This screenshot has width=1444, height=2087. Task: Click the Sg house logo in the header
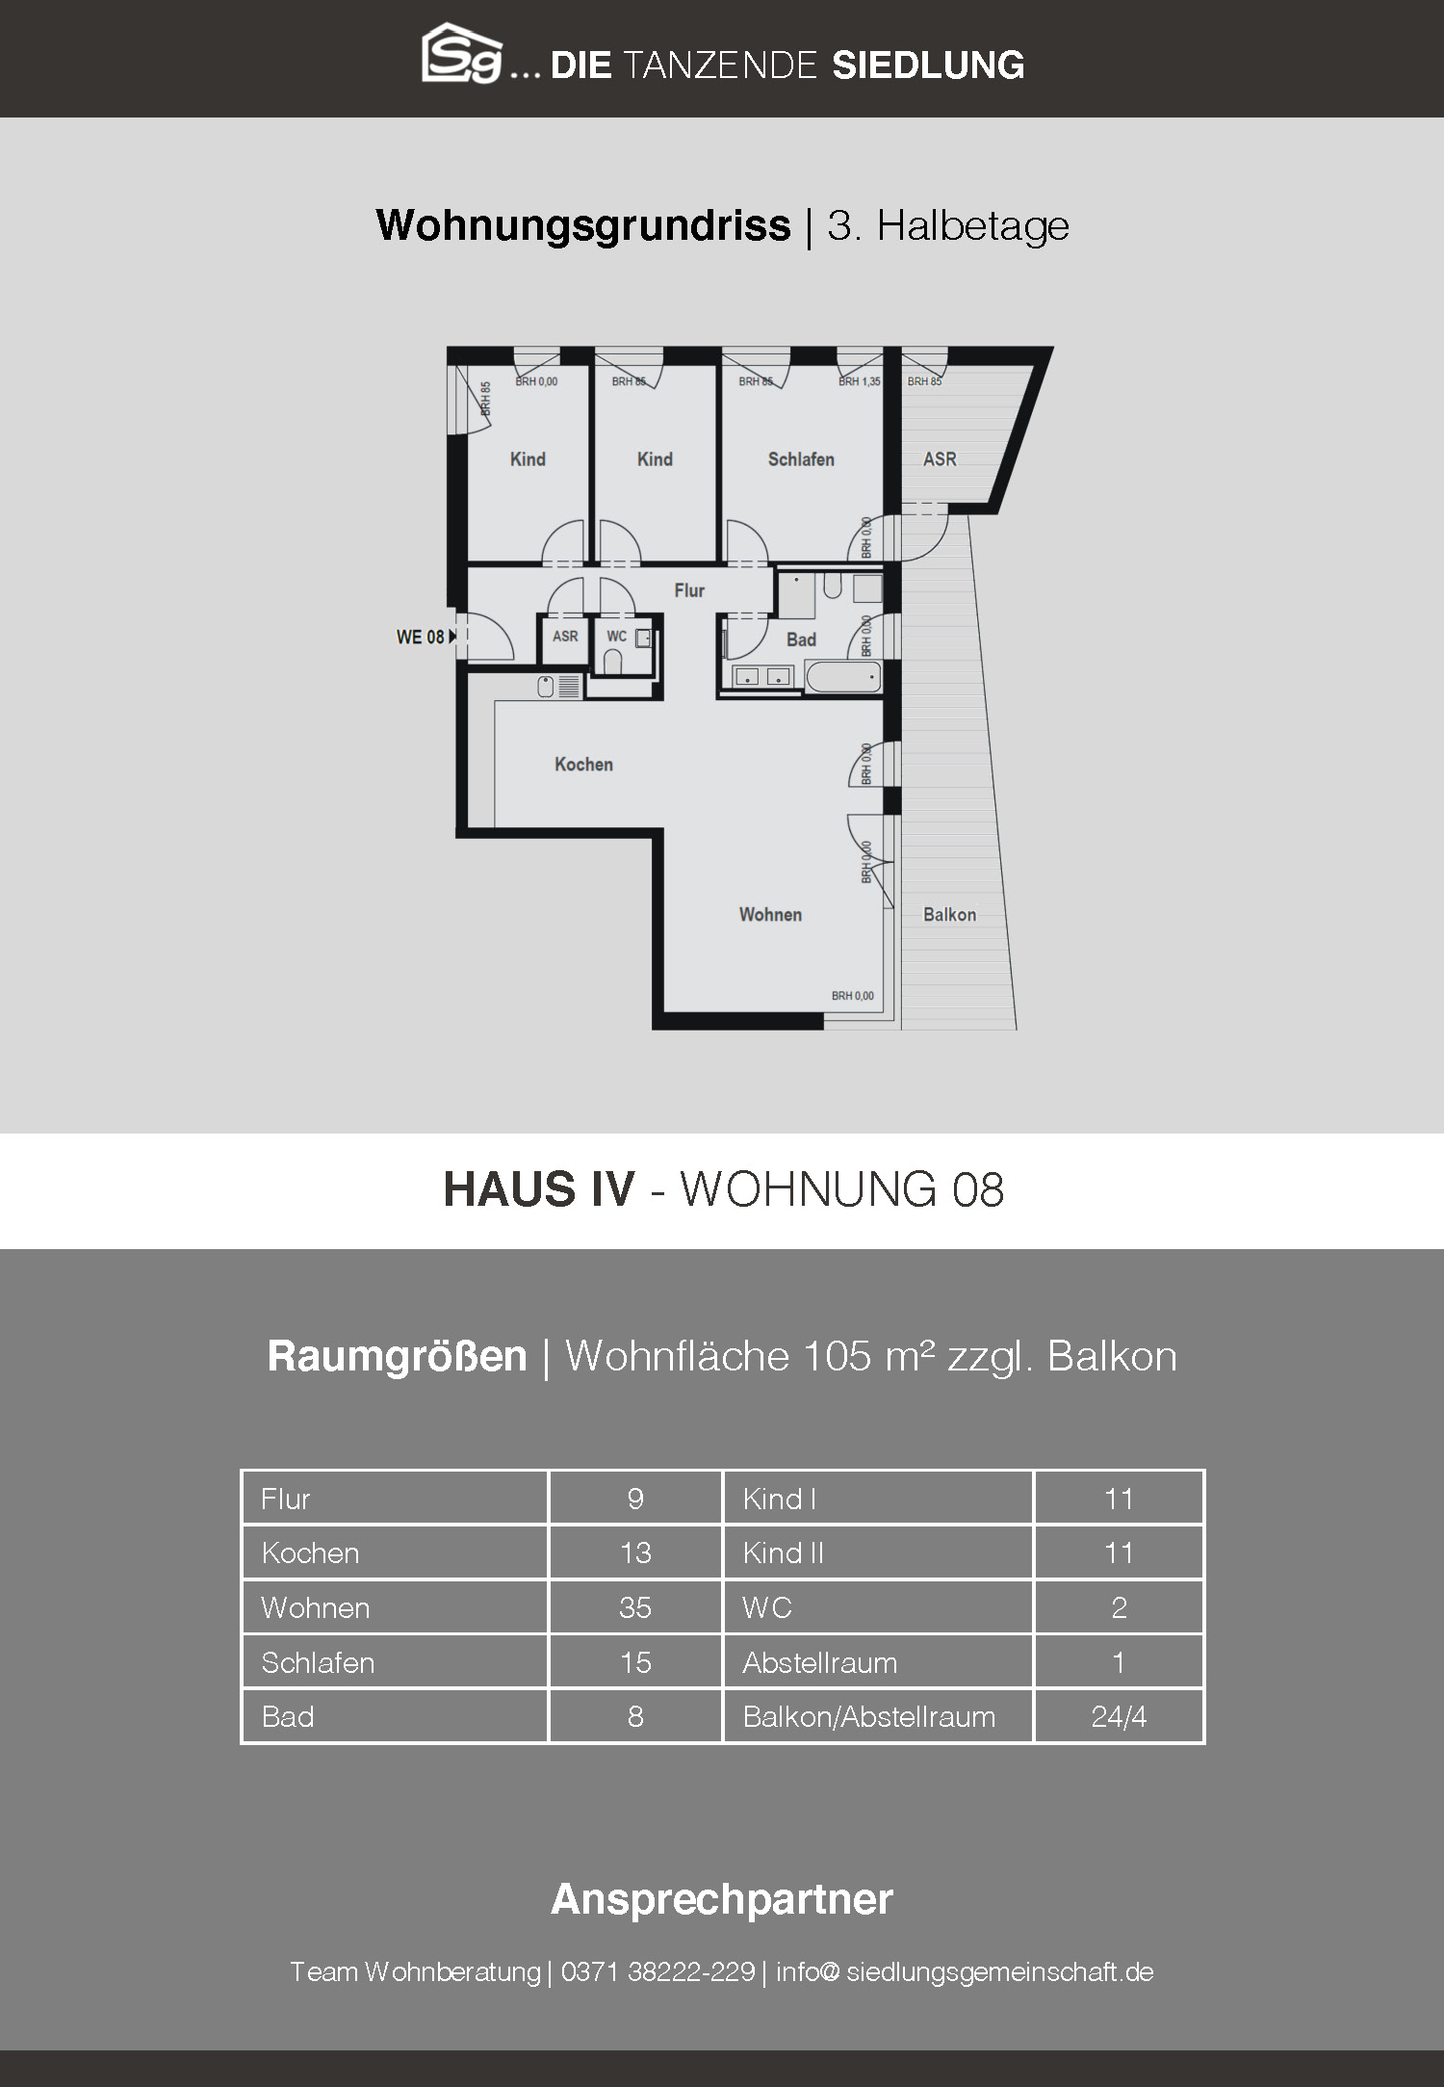(462, 54)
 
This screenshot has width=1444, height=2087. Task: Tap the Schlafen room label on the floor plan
(801, 459)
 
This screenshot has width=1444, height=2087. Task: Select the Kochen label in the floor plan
(583, 764)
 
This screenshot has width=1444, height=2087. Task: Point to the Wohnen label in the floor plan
(770, 914)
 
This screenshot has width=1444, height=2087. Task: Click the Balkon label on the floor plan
(949, 914)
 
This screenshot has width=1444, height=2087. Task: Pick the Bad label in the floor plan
(801, 639)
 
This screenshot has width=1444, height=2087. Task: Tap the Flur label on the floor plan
(689, 590)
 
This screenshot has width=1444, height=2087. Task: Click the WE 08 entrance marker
(425, 637)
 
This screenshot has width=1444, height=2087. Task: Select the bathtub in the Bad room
(843, 676)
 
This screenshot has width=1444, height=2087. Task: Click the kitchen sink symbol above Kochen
(558, 686)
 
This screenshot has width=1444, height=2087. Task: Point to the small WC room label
(616, 636)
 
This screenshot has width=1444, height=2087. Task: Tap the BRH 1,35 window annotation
(860, 381)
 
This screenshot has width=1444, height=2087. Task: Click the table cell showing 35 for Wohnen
(635, 1607)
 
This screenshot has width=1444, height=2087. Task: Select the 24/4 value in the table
(1119, 1716)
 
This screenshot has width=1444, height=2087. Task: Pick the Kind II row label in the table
(783, 1552)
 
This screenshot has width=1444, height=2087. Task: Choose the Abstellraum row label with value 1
(819, 1662)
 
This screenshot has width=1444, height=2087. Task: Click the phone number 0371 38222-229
(658, 1971)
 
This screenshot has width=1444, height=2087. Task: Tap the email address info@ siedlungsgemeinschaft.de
(965, 1971)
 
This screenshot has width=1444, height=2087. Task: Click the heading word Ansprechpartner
(722, 1898)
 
